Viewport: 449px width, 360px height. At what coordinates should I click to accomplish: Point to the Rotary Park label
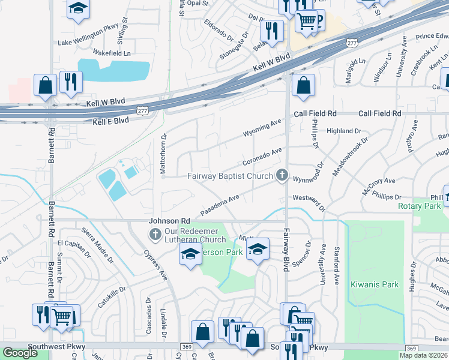click(419, 206)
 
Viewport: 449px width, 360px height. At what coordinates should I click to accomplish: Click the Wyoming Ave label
click(262, 127)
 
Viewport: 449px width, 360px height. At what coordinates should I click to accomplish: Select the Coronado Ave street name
click(262, 157)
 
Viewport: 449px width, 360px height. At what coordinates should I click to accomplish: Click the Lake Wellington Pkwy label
click(88, 43)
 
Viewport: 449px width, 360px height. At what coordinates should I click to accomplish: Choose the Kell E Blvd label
click(111, 121)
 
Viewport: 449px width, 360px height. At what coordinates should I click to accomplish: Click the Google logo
click(20, 353)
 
